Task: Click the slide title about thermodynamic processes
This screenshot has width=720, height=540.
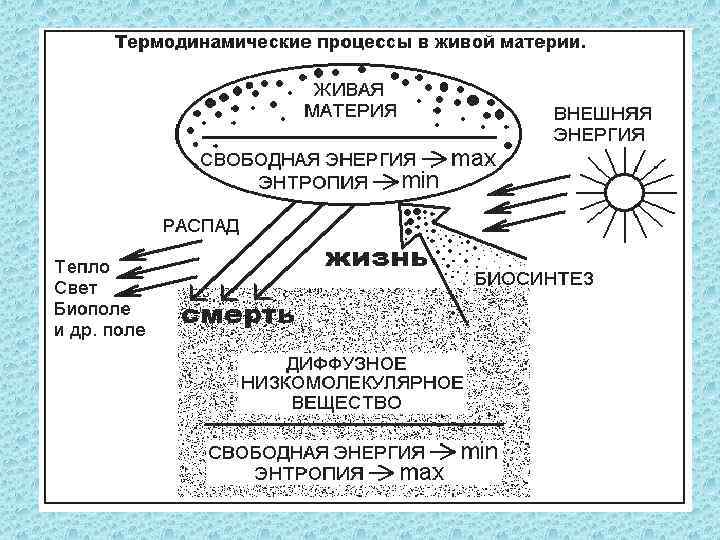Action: tap(350, 44)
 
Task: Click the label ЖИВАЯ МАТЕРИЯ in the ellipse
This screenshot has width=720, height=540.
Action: tap(350, 98)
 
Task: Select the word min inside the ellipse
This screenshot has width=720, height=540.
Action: tap(420, 180)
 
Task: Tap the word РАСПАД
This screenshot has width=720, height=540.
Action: tap(201, 225)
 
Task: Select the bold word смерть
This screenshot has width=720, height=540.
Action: tap(237, 314)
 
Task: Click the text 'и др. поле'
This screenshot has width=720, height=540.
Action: tap(100, 329)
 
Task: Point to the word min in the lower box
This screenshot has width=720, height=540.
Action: tap(478, 451)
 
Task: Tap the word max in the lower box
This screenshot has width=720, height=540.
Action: tap(422, 471)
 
